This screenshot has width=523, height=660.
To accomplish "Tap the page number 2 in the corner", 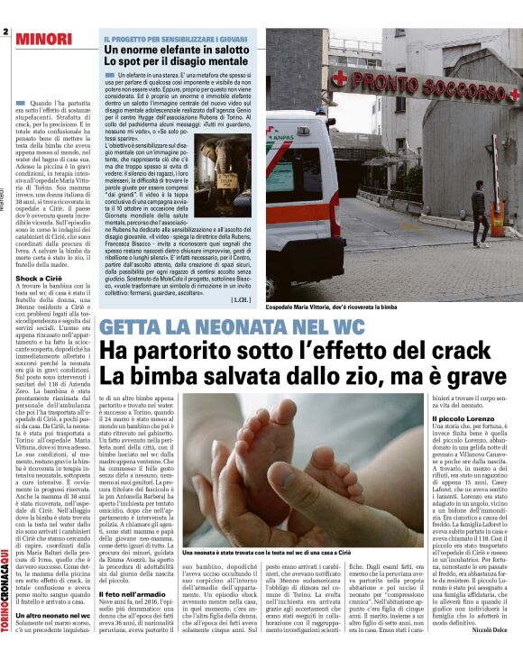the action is click(x=5, y=32).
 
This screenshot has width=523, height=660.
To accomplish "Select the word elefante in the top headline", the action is click(x=174, y=50).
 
